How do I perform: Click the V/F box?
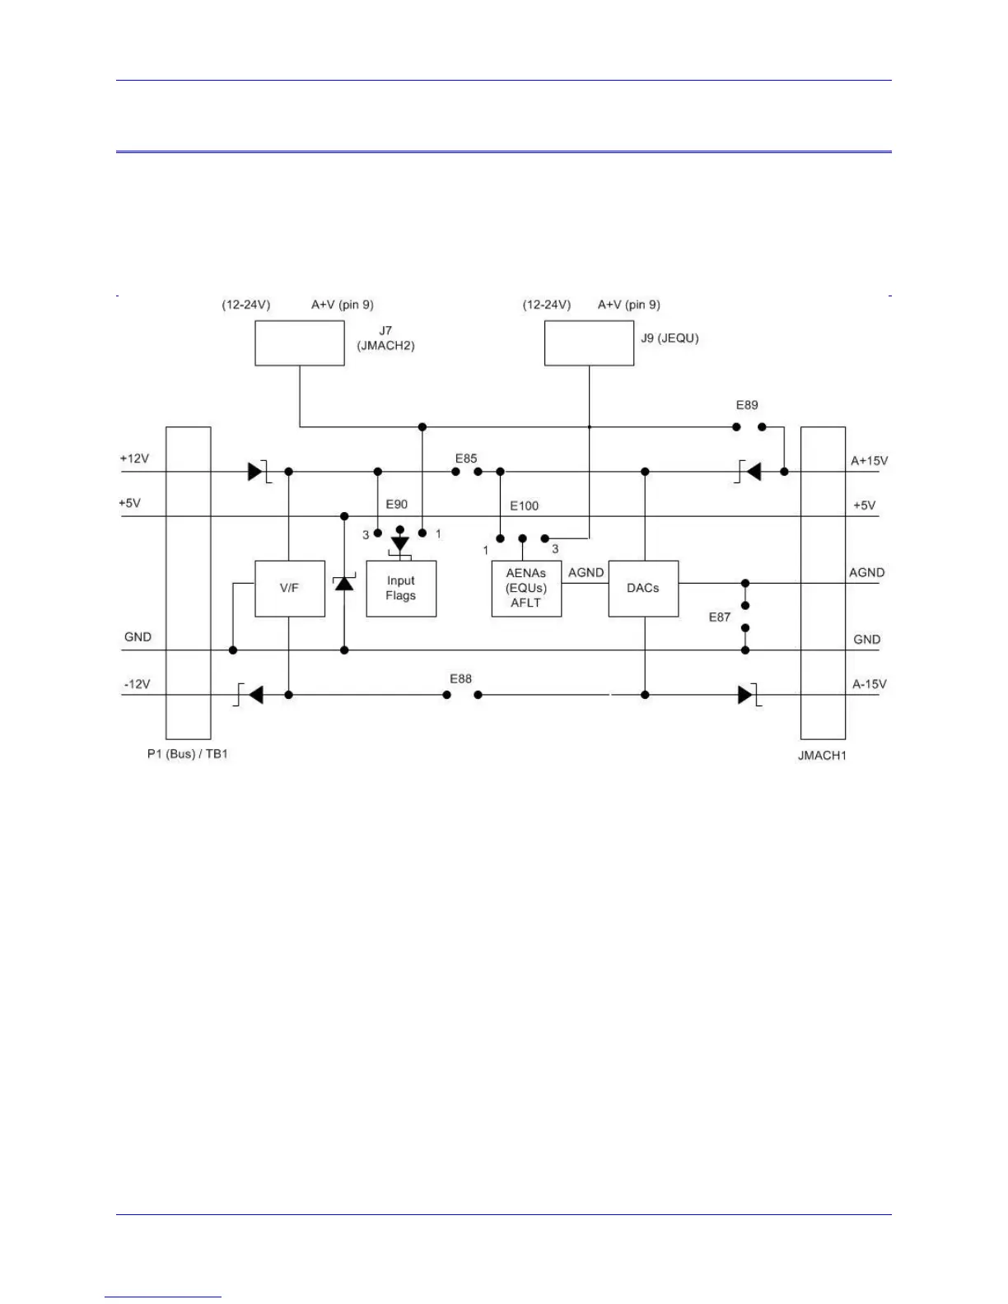pyautogui.click(x=289, y=589)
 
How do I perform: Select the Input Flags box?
pyautogui.click(x=401, y=589)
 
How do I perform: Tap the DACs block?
pyautogui.click(x=643, y=589)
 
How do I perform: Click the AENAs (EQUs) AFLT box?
pyautogui.click(x=526, y=589)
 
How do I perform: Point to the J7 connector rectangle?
pyautogui.click(x=300, y=343)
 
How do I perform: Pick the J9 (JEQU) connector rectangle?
pyautogui.click(x=589, y=343)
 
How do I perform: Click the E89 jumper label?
pyautogui.click(x=747, y=405)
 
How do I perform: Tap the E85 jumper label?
pyautogui.click(x=466, y=459)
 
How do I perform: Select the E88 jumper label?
pyautogui.click(x=461, y=678)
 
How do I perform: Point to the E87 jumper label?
pyautogui.click(x=720, y=617)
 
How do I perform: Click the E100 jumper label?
pyautogui.click(x=524, y=505)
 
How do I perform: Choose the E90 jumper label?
pyautogui.click(x=396, y=504)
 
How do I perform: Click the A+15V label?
pyautogui.click(x=869, y=461)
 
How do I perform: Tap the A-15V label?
pyautogui.click(x=869, y=684)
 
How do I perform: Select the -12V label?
pyautogui.click(x=137, y=684)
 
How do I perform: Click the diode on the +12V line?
pyautogui.click(x=256, y=472)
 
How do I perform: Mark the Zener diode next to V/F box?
pyautogui.click(x=344, y=584)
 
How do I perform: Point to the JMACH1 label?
pyautogui.click(x=822, y=755)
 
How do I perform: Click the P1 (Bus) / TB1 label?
pyautogui.click(x=187, y=754)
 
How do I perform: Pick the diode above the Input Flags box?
pyautogui.click(x=400, y=543)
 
